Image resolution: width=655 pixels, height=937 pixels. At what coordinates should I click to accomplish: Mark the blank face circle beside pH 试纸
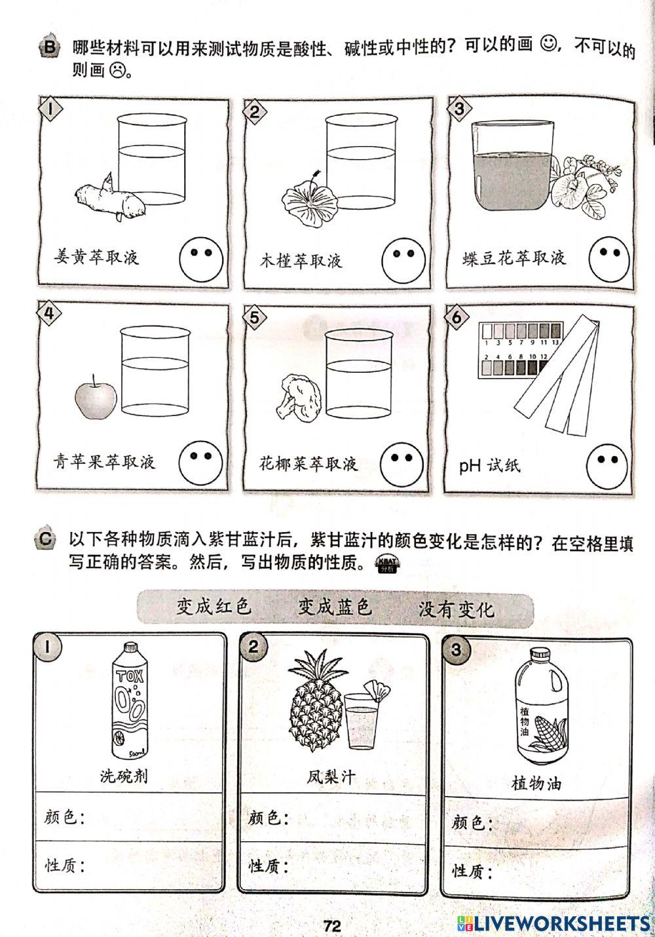(607, 463)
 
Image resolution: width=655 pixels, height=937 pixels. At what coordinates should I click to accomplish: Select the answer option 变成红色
(214, 606)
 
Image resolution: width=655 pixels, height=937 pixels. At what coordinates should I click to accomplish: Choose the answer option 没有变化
(457, 609)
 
